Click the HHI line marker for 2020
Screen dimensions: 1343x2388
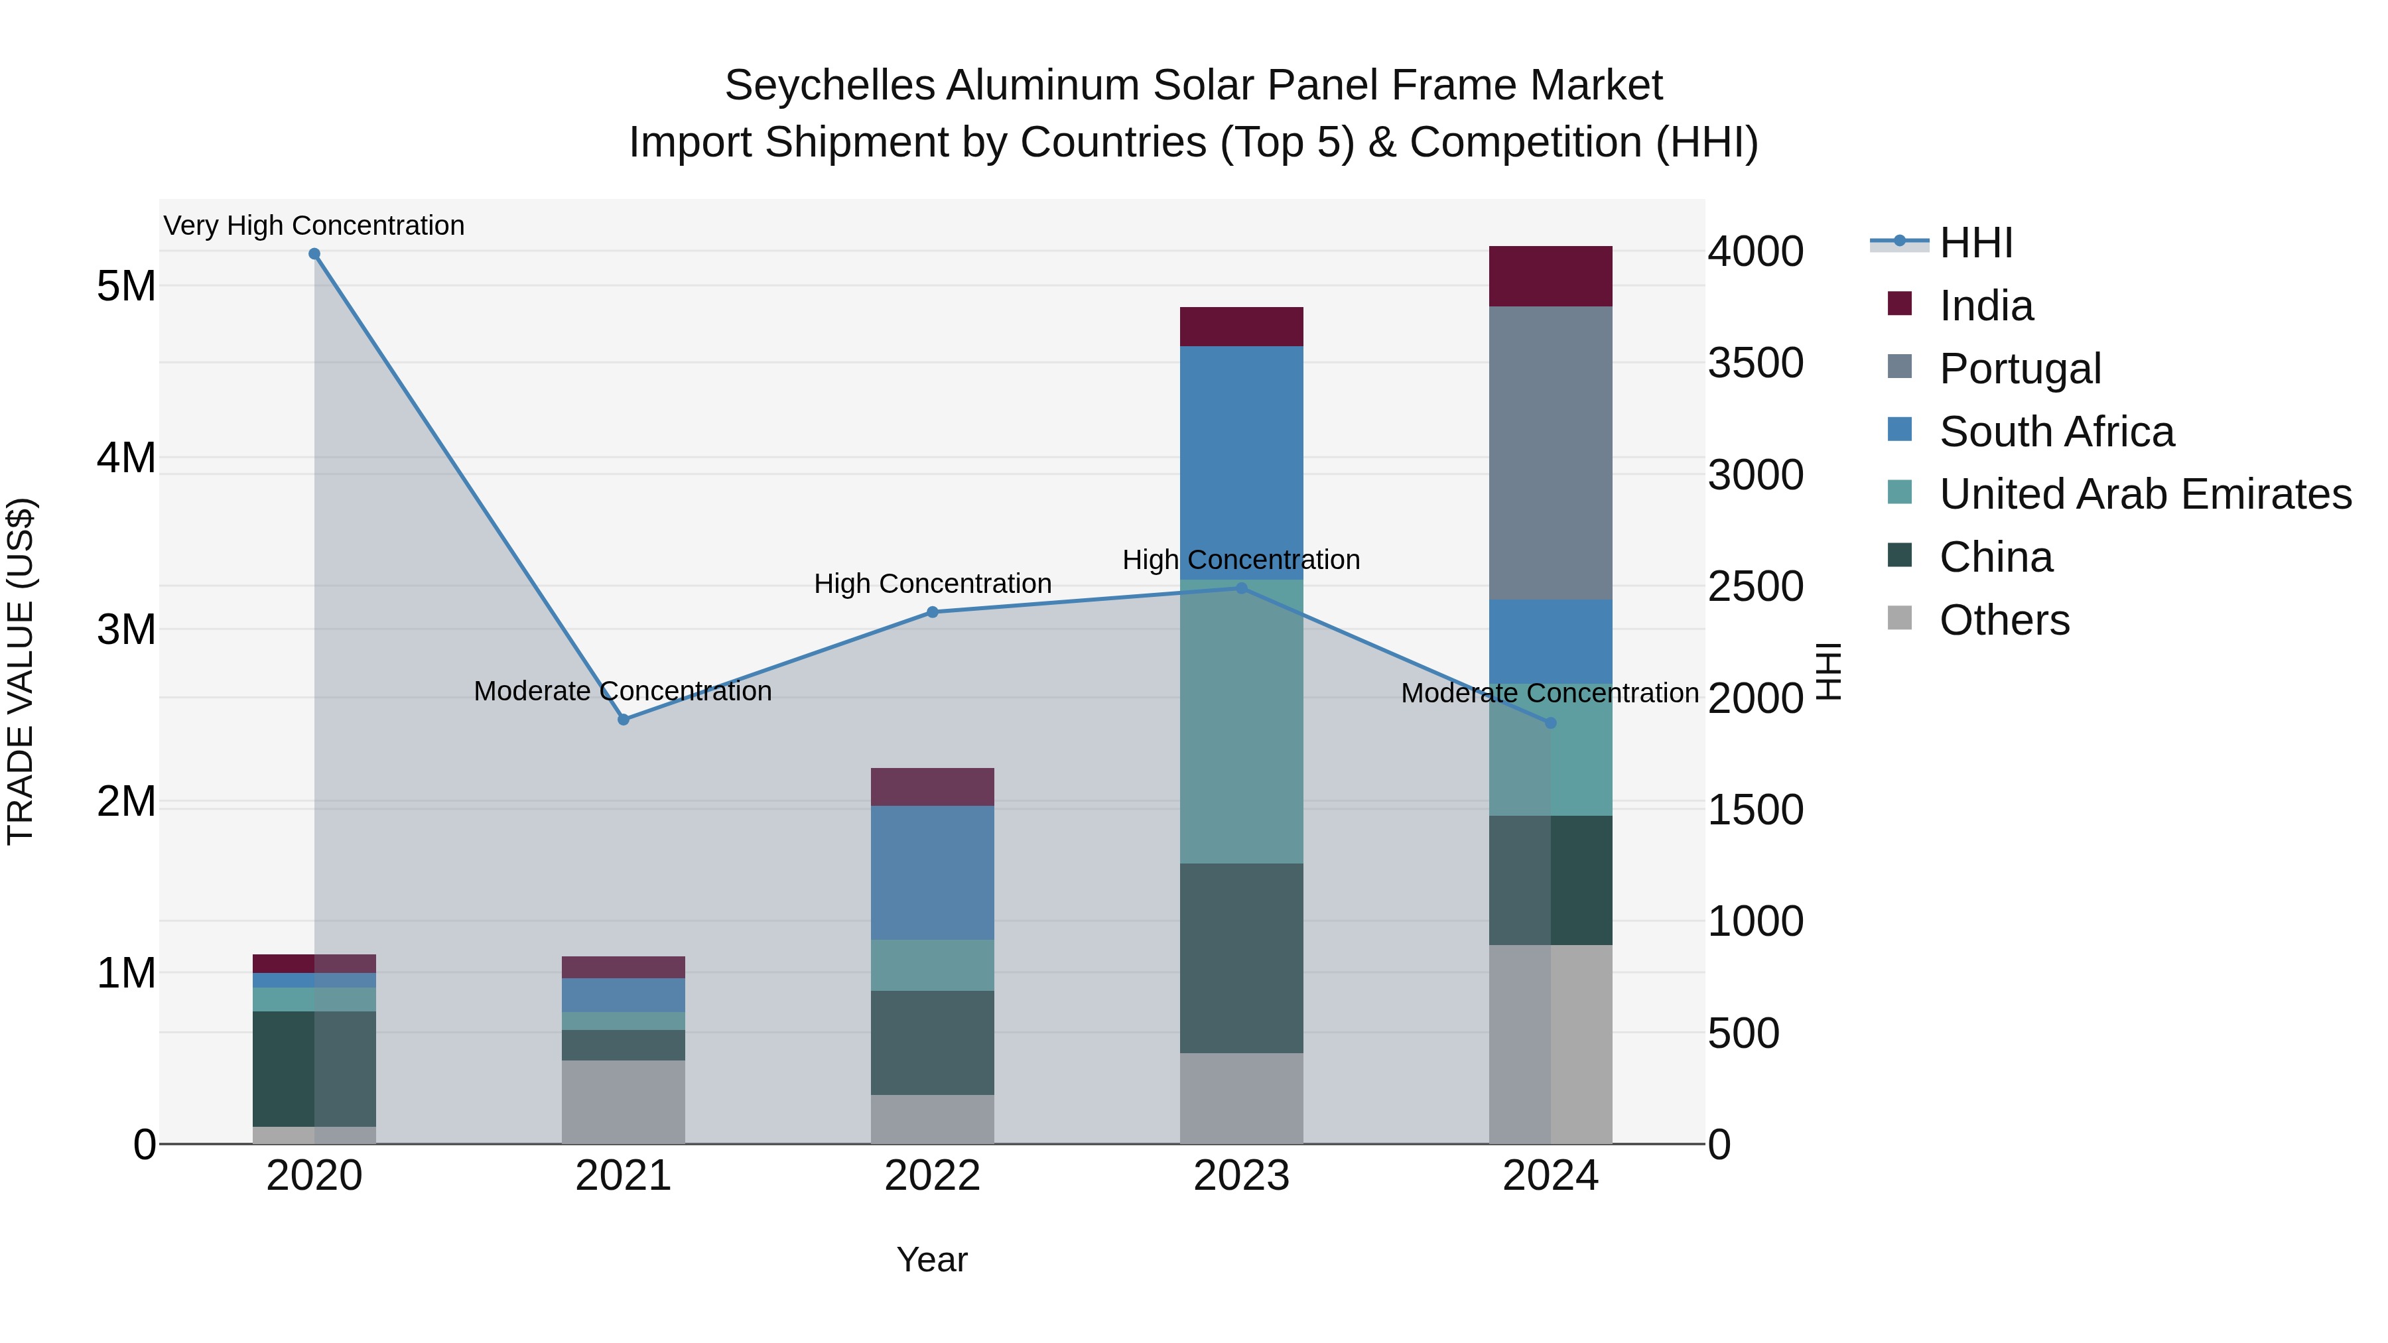coord(314,254)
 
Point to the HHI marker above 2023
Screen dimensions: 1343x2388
coord(1241,588)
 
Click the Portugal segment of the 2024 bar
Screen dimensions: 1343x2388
coord(1550,454)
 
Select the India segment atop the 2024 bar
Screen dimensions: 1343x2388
coord(1550,276)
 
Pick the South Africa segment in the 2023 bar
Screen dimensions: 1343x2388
coord(1241,464)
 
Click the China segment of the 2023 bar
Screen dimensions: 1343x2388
coord(1241,958)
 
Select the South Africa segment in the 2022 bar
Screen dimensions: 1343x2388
coord(933,872)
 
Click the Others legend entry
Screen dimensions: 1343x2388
coord(2003,621)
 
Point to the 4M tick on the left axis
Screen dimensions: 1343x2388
coord(126,458)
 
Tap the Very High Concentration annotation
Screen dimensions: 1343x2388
coord(314,226)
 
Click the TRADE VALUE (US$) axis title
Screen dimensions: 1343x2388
coord(21,671)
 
